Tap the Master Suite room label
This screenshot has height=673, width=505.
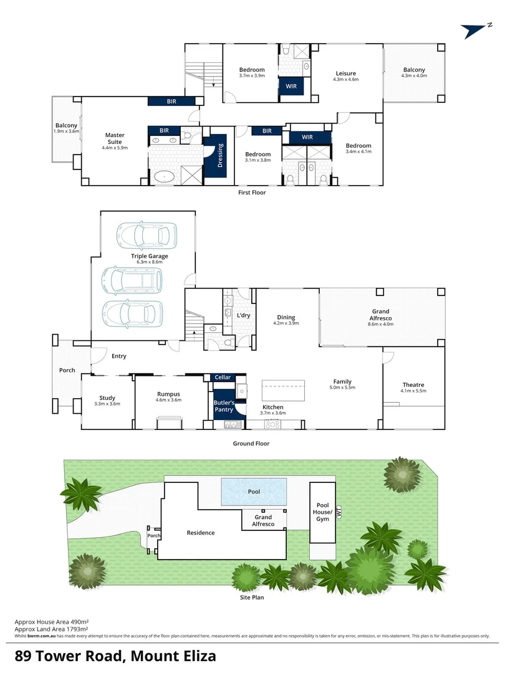tap(115, 138)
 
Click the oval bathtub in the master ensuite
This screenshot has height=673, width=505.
tap(165, 176)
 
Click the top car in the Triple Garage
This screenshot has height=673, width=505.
tap(143, 235)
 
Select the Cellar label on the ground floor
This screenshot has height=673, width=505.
tap(223, 378)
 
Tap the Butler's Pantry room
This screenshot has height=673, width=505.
tap(224, 405)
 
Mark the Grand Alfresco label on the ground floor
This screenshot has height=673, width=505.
tap(380, 315)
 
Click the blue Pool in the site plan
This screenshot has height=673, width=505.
tap(254, 492)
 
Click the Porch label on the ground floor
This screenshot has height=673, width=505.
tap(67, 370)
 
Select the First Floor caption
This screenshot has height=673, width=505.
tap(252, 193)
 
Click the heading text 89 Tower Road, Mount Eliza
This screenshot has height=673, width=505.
tap(116, 656)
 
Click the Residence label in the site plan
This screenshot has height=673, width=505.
tap(201, 533)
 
